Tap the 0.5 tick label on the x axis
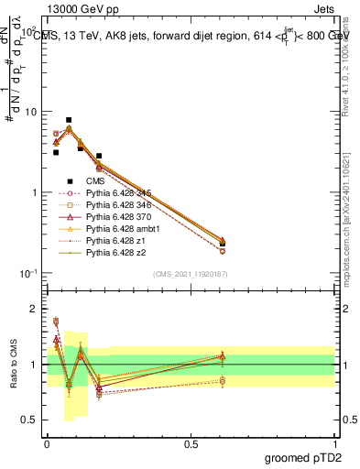191,442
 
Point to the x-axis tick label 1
335,442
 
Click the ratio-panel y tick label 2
34,309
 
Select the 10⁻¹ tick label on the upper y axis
27,273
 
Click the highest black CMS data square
69,120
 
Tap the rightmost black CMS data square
223,244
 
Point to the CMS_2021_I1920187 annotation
191,275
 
